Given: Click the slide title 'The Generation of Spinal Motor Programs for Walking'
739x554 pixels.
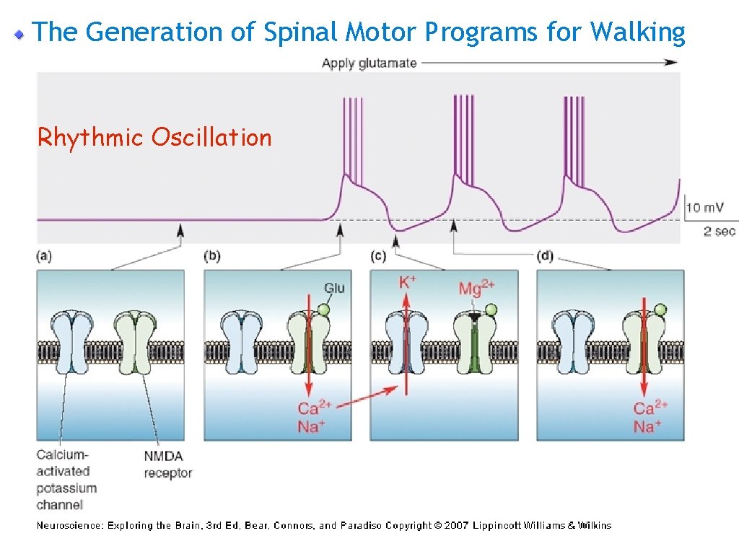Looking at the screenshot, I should coord(359,32).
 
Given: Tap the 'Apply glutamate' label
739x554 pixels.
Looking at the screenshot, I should coord(369,63).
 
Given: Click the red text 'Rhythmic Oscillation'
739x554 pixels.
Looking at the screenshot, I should coord(154,137).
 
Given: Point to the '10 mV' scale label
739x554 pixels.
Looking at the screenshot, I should coord(705,208).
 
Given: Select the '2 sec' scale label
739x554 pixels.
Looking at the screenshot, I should coord(720,231).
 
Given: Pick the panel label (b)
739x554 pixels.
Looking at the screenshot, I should coord(213,256).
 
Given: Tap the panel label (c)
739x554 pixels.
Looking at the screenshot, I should coord(379,256).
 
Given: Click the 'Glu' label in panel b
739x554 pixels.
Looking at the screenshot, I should coord(334,288).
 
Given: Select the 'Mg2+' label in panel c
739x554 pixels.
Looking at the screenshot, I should coord(476,289).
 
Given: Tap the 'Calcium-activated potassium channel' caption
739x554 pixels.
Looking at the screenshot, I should coord(67,480).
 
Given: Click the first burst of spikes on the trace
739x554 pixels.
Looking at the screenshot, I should coord(351,137).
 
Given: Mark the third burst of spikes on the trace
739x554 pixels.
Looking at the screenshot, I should coord(573,137).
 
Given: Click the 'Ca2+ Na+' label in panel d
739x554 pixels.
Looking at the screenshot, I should coord(650,418).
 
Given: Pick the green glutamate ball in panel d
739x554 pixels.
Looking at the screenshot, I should coord(660,311).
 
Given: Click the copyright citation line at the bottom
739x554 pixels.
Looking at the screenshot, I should coord(324,525).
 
